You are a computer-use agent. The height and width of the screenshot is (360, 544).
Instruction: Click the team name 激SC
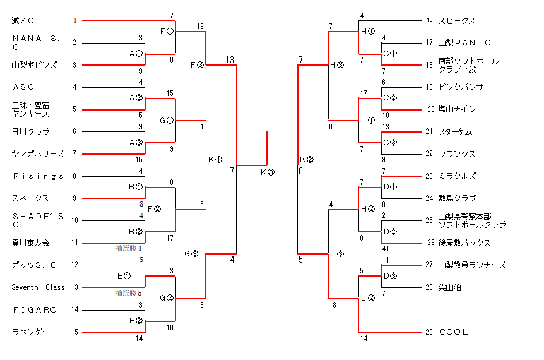(x=23, y=21)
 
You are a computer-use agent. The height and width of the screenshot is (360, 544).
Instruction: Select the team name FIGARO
(x=35, y=309)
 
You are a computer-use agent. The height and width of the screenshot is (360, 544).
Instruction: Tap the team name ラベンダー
(x=30, y=332)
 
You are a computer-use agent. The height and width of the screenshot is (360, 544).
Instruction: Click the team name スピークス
(x=456, y=21)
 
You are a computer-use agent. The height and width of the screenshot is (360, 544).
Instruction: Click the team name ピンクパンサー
(x=464, y=87)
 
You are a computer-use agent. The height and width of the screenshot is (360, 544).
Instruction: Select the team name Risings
(x=38, y=176)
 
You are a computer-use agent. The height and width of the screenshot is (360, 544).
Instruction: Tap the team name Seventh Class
(x=38, y=287)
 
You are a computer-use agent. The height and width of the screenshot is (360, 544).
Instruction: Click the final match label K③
(x=268, y=172)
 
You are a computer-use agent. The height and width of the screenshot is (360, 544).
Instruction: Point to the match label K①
(x=215, y=160)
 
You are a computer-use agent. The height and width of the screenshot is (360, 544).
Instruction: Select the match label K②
(x=307, y=159)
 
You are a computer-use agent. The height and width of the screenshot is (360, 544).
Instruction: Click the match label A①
(x=136, y=54)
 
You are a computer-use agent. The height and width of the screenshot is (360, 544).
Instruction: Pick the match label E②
(x=136, y=320)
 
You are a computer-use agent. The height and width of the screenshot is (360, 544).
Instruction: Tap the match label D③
(x=391, y=276)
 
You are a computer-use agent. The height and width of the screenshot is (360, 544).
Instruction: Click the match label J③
(x=337, y=253)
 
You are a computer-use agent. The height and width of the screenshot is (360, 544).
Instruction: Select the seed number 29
(x=429, y=332)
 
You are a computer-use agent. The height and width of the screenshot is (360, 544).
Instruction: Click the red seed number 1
(x=74, y=21)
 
